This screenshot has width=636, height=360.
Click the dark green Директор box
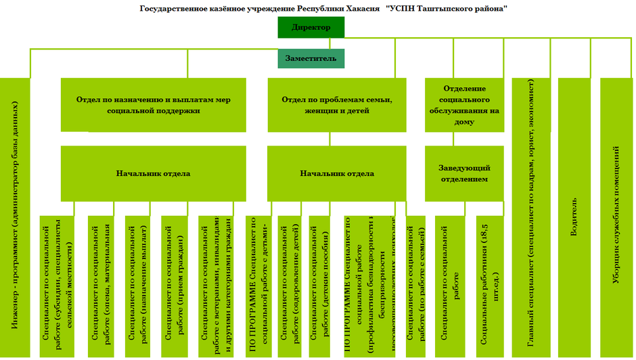coord(311,28)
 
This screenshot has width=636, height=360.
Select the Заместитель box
coord(311,59)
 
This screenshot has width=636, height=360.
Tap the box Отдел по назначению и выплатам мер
coord(153,105)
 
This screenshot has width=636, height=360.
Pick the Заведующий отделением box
coord(464,173)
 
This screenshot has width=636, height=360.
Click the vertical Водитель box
coord(574,217)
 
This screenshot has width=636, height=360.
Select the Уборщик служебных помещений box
coord(616,217)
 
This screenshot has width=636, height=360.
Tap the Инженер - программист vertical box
coord(15,217)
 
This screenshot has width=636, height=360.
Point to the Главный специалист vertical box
coord(530,217)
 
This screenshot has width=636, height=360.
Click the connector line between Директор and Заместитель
coord(311,43)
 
